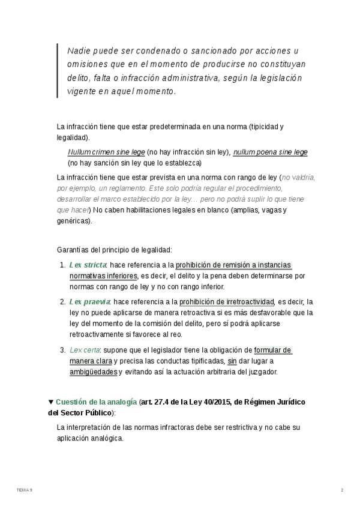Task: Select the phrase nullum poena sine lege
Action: pos(270,152)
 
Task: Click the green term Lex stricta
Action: pos(88,265)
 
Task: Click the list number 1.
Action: pos(62,265)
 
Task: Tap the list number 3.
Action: pos(62,350)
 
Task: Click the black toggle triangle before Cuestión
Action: pos(51,402)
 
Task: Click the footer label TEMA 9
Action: pos(25,490)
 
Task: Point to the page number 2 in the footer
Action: pos(342,490)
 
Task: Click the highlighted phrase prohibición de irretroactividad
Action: pos(227,301)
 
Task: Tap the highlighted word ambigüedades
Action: pos(93,372)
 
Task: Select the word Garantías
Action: pos(73,248)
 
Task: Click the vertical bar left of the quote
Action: pos(58,70)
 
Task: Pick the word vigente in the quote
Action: pos(80,92)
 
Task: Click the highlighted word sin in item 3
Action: pos(232,361)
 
